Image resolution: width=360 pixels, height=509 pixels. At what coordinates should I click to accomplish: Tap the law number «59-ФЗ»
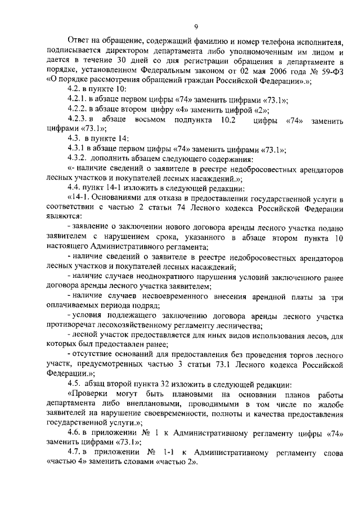click(328, 71)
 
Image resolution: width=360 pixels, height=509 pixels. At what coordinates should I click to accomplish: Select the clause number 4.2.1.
click(78, 101)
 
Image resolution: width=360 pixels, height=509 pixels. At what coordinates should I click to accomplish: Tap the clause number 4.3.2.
click(78, 160)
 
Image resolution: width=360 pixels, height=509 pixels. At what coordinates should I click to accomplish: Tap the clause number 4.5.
click(74, 385)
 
